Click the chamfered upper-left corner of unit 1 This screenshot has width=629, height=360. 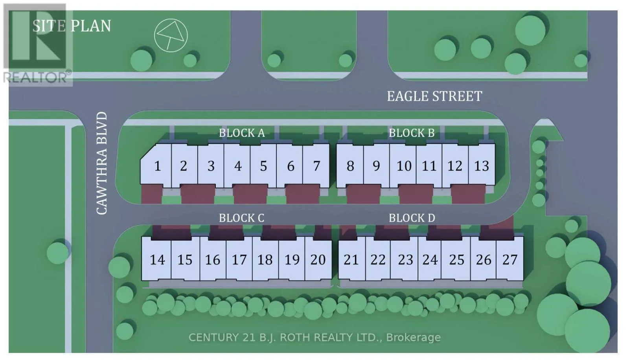coord(148,152)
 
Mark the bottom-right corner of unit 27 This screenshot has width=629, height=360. coord(523,280)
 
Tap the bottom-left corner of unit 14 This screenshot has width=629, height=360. coord(142,280)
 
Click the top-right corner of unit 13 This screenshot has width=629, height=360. coord(495,144)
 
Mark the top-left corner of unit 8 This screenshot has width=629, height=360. coord(337,144)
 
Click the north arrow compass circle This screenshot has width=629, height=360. coord(171,35)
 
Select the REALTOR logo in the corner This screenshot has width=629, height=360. coord(38,44)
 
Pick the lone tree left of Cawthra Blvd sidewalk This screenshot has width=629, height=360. coord(58,253)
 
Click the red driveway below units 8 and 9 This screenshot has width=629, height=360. coord(363,194)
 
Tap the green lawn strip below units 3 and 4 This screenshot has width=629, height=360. coord(224,200)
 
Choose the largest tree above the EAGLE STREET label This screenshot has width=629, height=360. coord(530,30)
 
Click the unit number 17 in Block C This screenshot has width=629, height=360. coord(239,260)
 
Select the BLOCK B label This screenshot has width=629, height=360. coord(412,133)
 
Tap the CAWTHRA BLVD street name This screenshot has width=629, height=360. coord(102,163)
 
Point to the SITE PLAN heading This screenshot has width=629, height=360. coord(72,26)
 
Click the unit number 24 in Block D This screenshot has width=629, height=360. coord(430,260)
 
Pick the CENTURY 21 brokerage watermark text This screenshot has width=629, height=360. coord(314,337)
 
